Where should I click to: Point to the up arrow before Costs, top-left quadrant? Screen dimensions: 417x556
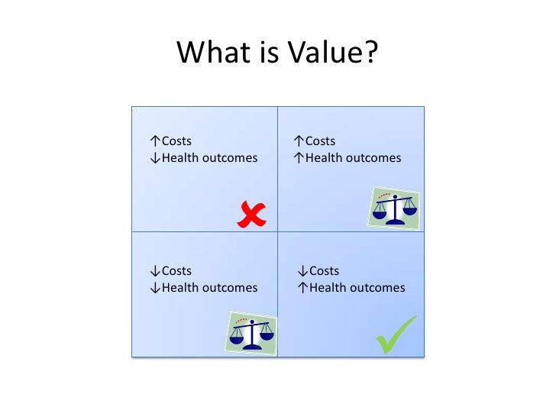155,141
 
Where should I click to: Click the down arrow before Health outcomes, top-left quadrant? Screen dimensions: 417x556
155,158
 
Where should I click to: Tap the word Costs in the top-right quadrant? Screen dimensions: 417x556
320,141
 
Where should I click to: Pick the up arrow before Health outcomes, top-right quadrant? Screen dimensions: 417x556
299,158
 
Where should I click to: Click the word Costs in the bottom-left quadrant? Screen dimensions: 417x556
176,270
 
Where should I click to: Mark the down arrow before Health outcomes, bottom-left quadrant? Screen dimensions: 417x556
155,288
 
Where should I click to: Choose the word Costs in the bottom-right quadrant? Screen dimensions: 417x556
325,270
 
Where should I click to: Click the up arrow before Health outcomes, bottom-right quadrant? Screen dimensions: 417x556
303,288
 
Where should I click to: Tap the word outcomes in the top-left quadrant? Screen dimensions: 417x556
228,158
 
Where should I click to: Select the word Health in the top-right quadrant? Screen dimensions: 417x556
324,158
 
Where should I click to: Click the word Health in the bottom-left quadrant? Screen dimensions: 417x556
179,288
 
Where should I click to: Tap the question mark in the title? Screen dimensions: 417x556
369,53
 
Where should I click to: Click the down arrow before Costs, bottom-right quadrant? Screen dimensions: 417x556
303,270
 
